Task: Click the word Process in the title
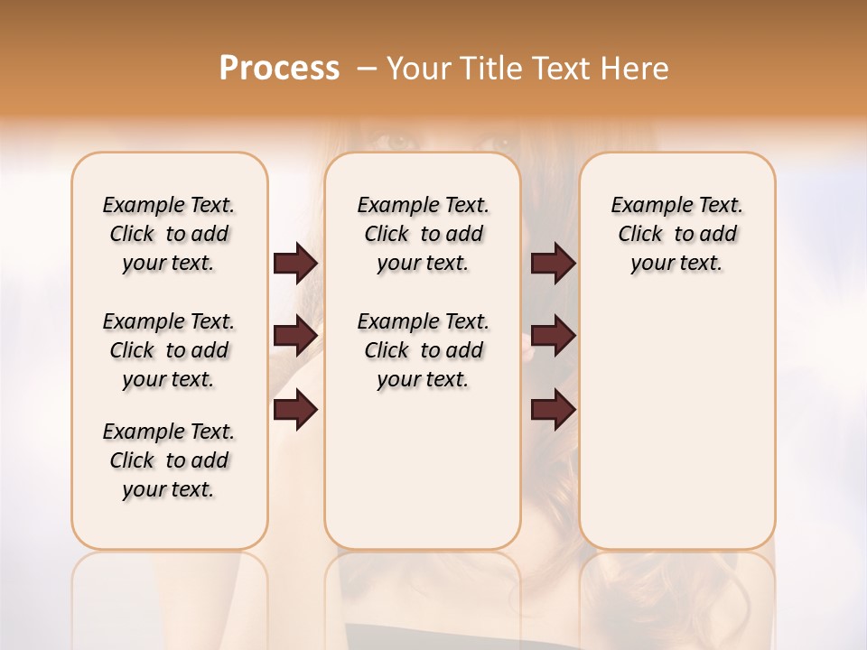point(279,69)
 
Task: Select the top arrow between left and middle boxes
point(295,264)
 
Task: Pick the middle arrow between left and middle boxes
point(295,337)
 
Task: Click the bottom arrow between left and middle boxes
point(295,411)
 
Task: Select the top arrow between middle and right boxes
point(553,264)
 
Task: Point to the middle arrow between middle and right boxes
point(553,337)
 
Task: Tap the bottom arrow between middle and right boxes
point(553,411)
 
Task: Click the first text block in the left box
point(169,234)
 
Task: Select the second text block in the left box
point(169,350)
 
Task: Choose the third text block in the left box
point(169,460)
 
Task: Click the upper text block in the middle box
point(424,234)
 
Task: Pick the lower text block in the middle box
point(424,350)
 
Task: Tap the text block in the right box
point(677,234)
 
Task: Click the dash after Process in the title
point(367,69)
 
